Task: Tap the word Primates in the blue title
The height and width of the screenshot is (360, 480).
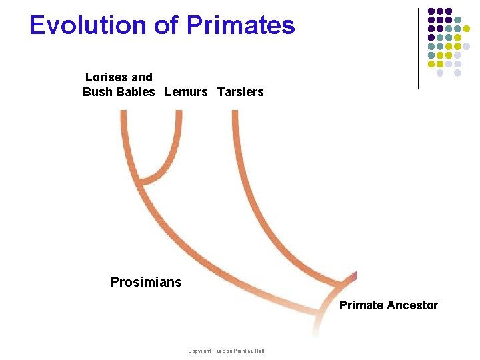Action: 241,25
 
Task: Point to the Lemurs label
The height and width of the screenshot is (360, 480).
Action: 186,92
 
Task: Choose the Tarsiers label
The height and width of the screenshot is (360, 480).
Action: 240,92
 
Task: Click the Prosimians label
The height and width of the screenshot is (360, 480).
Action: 146,282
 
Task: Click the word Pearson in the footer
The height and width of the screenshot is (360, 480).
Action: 224,351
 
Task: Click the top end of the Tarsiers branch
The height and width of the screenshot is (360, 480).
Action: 235,113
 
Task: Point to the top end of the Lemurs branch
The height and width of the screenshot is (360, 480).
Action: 179,113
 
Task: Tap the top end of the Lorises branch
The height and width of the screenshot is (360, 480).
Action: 123,113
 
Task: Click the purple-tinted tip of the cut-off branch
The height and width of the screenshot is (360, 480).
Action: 354,275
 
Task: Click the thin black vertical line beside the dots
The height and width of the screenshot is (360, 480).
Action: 418,47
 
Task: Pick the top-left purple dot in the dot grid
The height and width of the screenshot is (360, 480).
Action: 431,11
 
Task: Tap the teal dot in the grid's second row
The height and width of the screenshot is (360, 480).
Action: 457,20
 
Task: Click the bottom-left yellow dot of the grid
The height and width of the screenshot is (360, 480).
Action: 431,64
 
